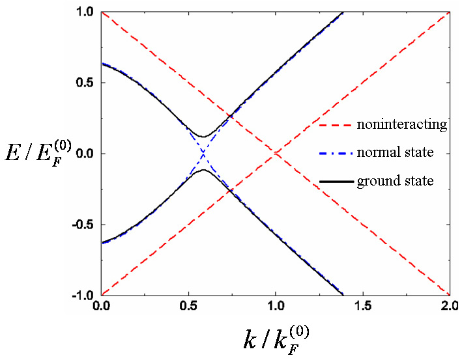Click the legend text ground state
[x=395, y=181]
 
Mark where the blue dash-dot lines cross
[x=203, y=154]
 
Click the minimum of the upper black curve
[x=203, y=137]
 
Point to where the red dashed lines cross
[x=276, y=154]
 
